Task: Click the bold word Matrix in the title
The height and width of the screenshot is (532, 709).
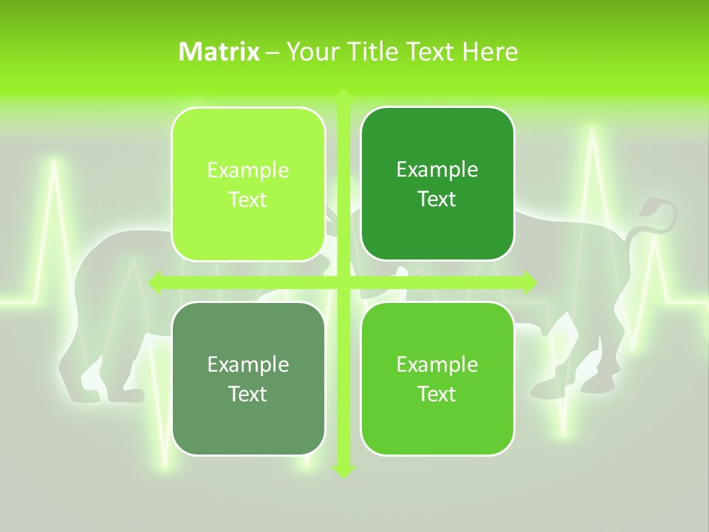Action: coord(219,52)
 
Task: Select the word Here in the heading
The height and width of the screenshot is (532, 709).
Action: coord(490,52)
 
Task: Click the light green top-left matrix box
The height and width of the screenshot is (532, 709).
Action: coord(248,184)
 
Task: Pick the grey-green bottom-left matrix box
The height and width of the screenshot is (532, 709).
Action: coord(248,378)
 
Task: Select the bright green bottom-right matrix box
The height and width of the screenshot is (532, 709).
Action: coord(437,378)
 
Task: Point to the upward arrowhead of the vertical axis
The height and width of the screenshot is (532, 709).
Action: coord(343,97)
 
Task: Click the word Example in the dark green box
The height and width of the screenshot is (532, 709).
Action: coord(437,169)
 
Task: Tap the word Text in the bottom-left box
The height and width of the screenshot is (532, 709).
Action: coord(247,394)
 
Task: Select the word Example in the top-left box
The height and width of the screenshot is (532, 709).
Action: coord(248,170)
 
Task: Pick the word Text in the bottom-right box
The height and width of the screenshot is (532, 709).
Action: coord(436,394)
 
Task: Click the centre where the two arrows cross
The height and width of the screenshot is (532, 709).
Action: coord(343,282)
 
